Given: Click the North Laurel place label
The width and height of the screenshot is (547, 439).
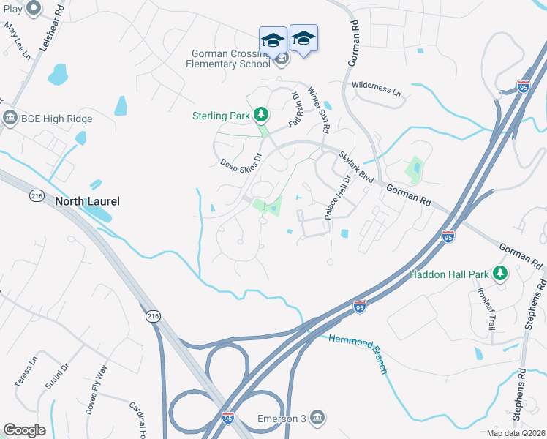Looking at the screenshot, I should [86, 200].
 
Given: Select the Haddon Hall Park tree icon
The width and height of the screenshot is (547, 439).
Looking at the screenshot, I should [500, 274].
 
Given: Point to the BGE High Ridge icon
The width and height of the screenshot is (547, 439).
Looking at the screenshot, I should [10, 118].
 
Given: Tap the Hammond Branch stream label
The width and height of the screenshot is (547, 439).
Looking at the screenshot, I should [358, 354].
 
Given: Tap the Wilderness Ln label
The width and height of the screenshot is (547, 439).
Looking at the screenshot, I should [377, 89].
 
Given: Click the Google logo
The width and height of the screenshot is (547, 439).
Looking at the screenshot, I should [24, 429].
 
